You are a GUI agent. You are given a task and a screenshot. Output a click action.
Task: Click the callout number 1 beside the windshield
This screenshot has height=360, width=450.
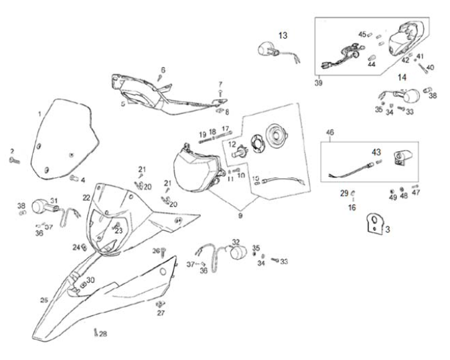tap(40, 114)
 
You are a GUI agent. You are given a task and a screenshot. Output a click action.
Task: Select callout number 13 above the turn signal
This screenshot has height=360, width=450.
tap(283, 35)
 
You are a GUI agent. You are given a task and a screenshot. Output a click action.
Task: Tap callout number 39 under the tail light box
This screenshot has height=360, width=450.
tap(318, 84)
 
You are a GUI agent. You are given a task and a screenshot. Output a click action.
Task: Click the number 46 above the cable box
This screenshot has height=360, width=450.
tap(329, 133)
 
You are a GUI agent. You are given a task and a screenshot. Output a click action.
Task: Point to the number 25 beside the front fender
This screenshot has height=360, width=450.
tap(44, 300)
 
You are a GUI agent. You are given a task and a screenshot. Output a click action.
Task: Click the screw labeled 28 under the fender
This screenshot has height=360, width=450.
tap(96, 332)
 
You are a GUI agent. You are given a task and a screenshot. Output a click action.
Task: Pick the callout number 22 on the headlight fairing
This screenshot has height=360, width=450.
tap(86, 197)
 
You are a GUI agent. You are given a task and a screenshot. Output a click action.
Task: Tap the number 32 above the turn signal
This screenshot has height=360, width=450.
tap(236, 242)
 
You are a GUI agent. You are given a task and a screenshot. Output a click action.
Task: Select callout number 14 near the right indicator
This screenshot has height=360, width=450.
tap(402, 77)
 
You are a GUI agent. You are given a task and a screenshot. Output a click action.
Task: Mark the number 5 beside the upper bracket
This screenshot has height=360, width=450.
tap(123, 104)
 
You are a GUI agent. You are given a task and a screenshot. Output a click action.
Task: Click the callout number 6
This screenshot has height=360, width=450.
tap(162, 70)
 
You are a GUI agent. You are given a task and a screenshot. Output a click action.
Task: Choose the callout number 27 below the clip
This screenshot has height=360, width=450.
tap(161, 312)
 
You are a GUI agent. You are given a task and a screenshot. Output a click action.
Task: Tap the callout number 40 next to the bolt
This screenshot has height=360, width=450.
tap(430, 67)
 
